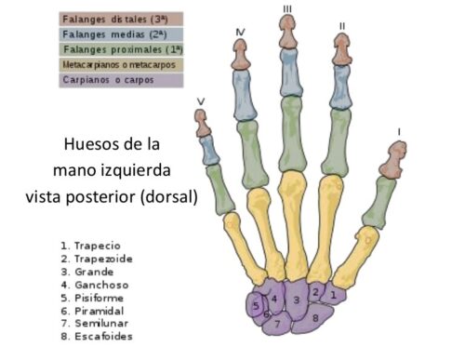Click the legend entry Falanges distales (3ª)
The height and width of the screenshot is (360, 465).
[x=121, y=18]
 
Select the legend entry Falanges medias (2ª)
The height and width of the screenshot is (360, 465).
[x=121, y=33]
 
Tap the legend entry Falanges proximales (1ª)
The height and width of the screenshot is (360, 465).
[x=121, y=49]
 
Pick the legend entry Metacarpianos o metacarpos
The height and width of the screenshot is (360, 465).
[x=121, y=65]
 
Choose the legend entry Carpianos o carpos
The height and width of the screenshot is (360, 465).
[x=121, y=81]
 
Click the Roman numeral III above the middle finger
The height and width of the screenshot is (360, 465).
[x=287, y=8]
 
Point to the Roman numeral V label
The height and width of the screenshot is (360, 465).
[x=202, y=103]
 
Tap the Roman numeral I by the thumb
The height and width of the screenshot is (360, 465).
[x=400, y=132]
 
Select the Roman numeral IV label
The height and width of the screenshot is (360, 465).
[x=241, y=33]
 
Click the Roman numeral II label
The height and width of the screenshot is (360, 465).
[x=342, y=26]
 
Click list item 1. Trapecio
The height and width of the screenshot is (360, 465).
[x=93, y=246]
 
